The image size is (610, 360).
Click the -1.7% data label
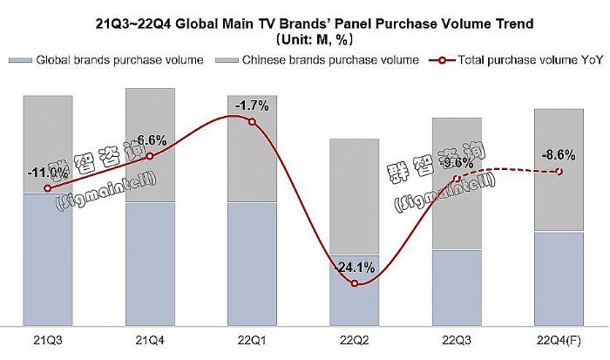point(253,106)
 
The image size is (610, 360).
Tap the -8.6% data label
point(559,155)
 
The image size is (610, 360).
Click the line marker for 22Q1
point(253,122)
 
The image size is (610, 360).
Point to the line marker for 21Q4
point(150,156)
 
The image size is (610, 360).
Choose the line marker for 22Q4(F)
point(559,172)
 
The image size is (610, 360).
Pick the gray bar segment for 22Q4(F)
point(559,170)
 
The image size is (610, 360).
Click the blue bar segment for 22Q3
point(457,288)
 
